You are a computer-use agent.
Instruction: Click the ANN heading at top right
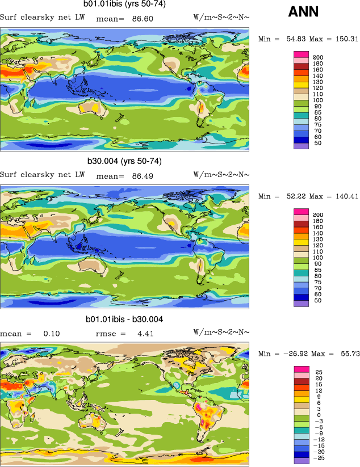(303, 11)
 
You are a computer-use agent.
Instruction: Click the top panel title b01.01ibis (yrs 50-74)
(125, 5)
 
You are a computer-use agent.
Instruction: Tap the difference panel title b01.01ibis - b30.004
(124, 319)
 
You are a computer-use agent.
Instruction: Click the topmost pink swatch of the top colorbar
(301, 54)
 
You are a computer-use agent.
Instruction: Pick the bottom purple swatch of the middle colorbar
(301, 304)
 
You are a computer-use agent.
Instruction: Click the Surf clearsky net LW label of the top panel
(42, 16)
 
